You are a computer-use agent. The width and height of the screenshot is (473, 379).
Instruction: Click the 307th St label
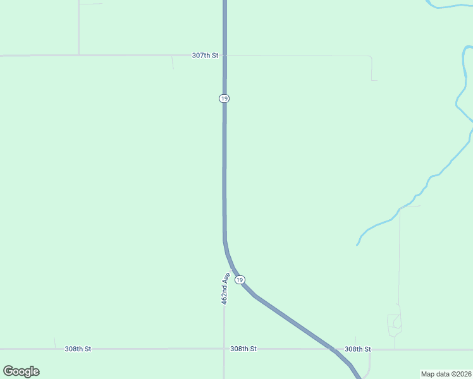pyautogui.click(x=205, y=56)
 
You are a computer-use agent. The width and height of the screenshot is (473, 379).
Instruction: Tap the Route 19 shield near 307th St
pyautogui.click(x=224, y=99)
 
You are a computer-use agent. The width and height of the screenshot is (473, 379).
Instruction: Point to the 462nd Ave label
pyautogui.click(x=224, y=289)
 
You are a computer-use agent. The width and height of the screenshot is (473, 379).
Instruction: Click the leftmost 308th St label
pyautogui.click(x=78, y=349)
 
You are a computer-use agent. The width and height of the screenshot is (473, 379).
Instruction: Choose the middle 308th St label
pyautogui.click(x=243, y=349)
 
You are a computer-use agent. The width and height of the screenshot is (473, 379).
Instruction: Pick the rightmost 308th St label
pyautogui.click(x=357, y=349)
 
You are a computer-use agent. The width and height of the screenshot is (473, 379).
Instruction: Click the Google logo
pyautogui.click(x=21, y=371)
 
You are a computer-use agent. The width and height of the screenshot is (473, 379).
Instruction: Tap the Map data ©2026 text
pyautogui.click(x=446, y=374)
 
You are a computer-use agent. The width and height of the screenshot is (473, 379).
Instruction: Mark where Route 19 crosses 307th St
pyautogui.click(x=224, y=56)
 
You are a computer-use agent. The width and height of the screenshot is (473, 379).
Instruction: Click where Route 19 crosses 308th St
pyautogui.click(x=331, y=348)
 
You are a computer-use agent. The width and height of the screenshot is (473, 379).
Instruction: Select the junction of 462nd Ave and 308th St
pyautogui.click(x=224, y=349)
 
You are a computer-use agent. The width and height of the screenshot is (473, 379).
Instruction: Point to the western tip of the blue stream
pyautogui.click(x=357, y=244)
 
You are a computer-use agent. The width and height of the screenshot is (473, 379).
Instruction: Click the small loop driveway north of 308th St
pyautogui.click(x=395, y=325)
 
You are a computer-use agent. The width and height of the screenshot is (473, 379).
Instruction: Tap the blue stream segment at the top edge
pyautogui.click(x=449, y=6)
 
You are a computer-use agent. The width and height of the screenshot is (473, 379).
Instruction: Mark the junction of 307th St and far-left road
pyautogui.click(x=78, y=56)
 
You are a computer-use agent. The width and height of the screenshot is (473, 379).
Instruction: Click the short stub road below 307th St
pyautogui.click(x=173, y=63)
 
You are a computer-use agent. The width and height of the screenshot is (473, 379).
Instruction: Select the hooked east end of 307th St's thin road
pyautogui.click(x=372, y=78)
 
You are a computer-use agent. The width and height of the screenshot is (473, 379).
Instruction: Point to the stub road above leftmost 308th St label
pyautogui.click(x=54, y=342)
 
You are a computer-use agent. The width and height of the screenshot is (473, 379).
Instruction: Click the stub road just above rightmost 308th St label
pyautogui.click(x=355, y=340)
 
